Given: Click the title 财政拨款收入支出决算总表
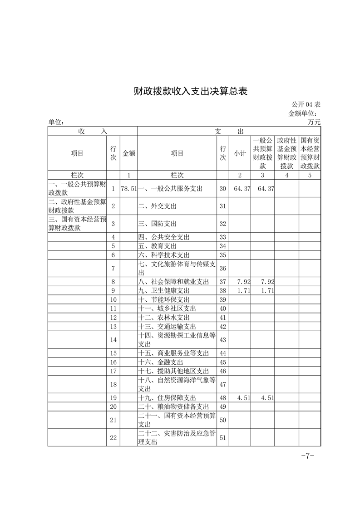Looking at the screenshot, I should tap(191, 91).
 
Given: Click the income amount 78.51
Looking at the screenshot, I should tap(129, 188).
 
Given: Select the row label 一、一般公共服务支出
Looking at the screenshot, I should tap(170, 188).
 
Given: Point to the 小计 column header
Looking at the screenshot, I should tap(240, 154).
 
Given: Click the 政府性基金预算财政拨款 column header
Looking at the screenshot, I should tap(287, 154).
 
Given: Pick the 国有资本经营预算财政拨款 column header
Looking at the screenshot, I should tap(310, 154).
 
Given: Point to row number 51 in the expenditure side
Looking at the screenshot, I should tap(223, 438).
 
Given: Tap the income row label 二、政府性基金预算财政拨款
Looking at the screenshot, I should tap(77, 206).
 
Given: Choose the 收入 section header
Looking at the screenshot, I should tap(93, 131).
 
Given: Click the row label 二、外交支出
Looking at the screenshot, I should tap(158, 206).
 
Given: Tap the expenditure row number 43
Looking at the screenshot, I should tap(223, 340).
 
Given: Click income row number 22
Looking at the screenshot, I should tap(113, 438).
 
